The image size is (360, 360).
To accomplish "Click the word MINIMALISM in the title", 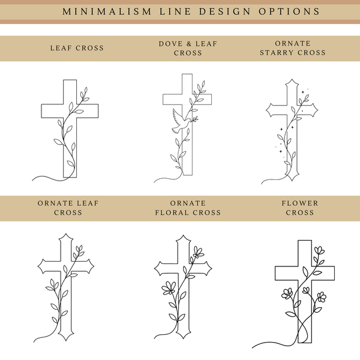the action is point(107,11).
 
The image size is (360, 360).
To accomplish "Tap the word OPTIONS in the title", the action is point(289,11).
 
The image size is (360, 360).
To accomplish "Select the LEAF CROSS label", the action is point(77,48).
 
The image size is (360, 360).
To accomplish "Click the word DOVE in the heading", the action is point(170,44).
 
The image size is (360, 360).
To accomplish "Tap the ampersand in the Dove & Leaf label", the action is point(189,44).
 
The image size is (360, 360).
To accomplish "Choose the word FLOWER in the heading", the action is point(300,203).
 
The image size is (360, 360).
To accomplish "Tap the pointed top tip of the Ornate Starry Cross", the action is point(292,79).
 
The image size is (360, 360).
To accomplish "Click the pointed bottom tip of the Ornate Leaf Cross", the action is point(66,340).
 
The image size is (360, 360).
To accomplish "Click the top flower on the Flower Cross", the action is point(319,250).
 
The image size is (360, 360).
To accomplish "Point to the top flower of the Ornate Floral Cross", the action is point(199,252).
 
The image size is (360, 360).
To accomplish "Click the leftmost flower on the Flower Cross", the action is point(287,294).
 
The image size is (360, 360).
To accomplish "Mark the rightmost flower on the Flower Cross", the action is point(322,297).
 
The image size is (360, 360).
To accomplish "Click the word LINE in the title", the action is point(175,11).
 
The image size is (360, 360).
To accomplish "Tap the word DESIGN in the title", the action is point(225,11).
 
